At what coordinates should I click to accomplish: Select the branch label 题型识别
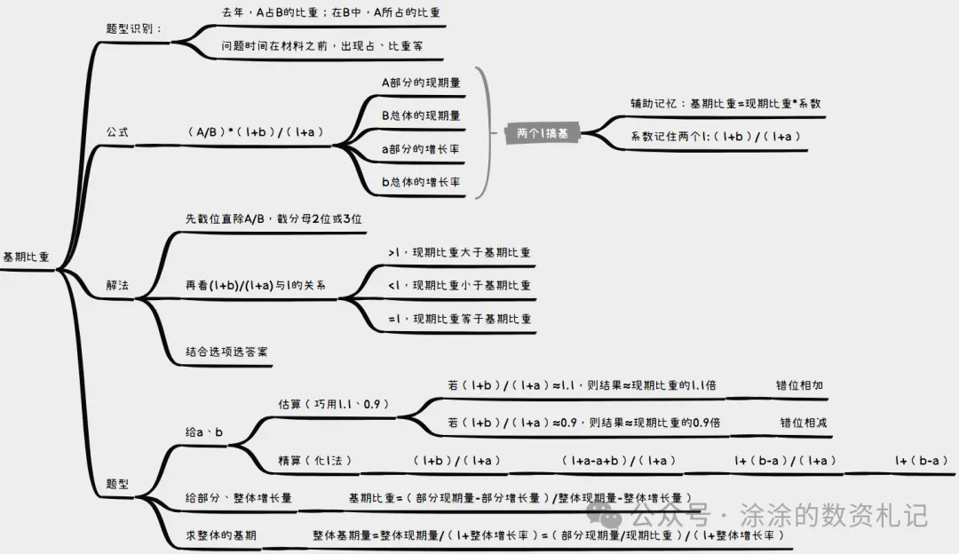(x=134, y=28)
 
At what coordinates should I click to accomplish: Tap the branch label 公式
(x=117, y=132)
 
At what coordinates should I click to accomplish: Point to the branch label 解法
(x=117, y=286)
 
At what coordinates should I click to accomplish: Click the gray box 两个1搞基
(x=543, y=133)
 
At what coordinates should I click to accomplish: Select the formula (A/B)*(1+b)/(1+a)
(x=255, y=132)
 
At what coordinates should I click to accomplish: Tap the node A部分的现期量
(x=421, y=83)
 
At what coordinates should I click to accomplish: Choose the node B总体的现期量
(x=421, y=115)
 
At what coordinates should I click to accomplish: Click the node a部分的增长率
(x=421, y=148)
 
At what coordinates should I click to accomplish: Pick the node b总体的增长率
(x=421, y=182)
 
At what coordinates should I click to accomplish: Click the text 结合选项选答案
(x=227, y=352)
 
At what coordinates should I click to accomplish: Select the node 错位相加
(x=799, y=385)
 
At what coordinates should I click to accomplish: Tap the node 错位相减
(x=803, y=423)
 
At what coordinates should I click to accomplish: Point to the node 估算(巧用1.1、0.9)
(x=334, y=404)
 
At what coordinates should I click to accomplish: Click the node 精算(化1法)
(x=315, y=460)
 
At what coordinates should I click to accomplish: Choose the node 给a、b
(x=204, y=431)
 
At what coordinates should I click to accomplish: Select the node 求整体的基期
(x=223, y=535)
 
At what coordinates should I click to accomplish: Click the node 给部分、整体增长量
(x=239, y=498)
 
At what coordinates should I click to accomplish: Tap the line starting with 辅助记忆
(x=725, y=103)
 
